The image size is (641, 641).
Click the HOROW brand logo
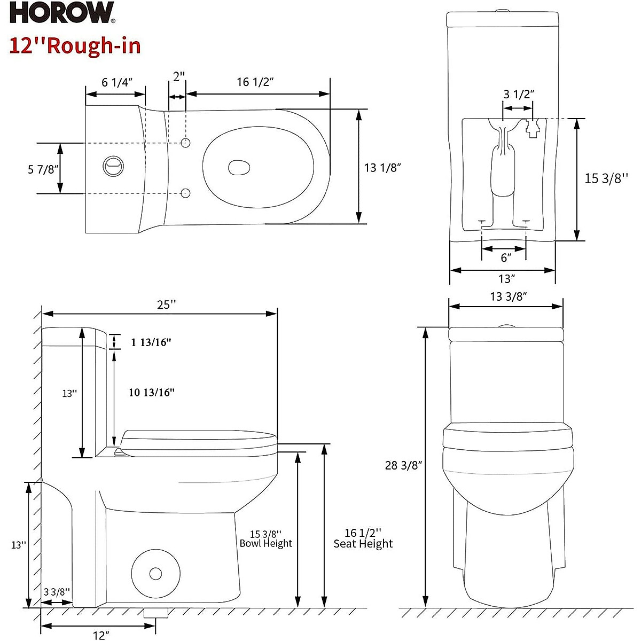coord(62,14)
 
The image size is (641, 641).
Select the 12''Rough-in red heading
coord(75,46)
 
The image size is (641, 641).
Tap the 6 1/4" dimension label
coord(116,82)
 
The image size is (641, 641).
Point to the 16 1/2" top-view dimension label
coord(255,82)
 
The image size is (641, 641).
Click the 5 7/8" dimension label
coord(43,169)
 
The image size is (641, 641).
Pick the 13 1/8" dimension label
coord(382,168)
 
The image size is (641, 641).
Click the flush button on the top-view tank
coord(113,166)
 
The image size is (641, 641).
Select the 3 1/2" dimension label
coord(519,94)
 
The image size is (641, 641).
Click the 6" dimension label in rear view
coord(505,257)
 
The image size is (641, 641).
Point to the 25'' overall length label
coord(166,304)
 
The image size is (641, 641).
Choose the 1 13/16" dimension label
coord(151,342)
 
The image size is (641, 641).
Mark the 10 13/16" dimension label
coord(152,393)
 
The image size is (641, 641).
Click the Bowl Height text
coord(266,543)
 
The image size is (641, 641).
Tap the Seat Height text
coord(363,544)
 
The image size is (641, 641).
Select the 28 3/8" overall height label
coord(404,465)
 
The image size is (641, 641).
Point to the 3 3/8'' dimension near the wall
coord(57,591)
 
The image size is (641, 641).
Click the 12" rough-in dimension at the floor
coord(101,635)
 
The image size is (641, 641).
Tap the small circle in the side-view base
coord(155,574)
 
